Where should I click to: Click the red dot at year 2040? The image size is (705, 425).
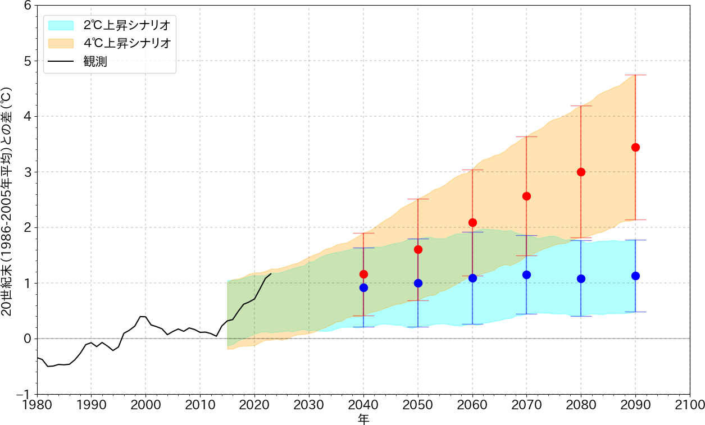click(363, 274)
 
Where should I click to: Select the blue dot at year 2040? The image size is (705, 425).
click(363, 287)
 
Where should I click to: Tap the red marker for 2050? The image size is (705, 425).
click(418, 249)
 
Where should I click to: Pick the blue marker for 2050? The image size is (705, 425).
click(418, 283)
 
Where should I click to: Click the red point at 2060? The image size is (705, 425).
click(472, 222)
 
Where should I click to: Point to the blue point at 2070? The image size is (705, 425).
click(526, 275)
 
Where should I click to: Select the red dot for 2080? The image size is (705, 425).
click(581, 172)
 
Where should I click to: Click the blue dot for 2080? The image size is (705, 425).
click(581, 278)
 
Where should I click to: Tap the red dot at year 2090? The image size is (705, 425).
click(635, 147)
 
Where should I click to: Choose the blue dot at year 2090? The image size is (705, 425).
click(635, 276)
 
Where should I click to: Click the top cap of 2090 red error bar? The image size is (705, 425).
click(635, 75)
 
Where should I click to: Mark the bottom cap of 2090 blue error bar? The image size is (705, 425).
click(635, 312)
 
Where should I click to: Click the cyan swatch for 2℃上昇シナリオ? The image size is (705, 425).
click(61, 25)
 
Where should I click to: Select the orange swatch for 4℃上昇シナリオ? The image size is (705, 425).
click(61, 43)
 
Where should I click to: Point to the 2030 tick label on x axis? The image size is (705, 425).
click(308, 405)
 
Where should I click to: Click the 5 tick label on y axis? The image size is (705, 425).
click(26, 61)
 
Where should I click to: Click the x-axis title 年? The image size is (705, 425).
click(363, 418)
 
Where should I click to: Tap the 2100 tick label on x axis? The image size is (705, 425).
click(689, 405)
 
